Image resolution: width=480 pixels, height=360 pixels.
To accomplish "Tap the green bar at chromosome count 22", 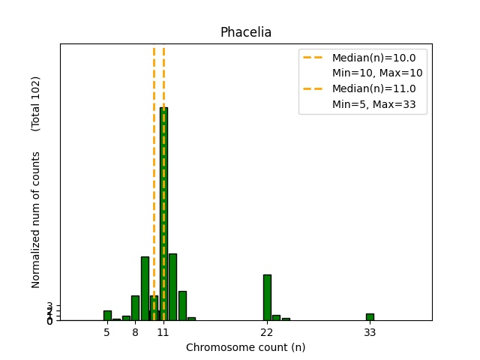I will [x=267, y=298].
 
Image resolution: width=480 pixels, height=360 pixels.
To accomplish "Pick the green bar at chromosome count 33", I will [x=370, y=317].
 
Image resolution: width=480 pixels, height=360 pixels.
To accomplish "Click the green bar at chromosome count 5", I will [x=107, y=316].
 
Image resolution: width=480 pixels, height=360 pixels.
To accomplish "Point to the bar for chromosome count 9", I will [x=145, y=289].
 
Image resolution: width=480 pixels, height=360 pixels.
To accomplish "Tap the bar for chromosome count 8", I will [x=135, y=308].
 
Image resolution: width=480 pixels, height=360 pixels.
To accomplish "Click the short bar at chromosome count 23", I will [x=276, y=318].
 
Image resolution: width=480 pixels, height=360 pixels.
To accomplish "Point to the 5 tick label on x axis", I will [x=107, y=331].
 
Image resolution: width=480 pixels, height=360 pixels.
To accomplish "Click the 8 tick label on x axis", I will [x=135, y=331].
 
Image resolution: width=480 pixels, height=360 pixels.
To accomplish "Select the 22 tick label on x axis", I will [x=267, y=331].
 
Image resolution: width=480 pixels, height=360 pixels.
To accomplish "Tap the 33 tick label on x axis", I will [x=370, y=331].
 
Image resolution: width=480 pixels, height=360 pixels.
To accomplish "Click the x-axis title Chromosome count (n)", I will [x=245, y=347].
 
